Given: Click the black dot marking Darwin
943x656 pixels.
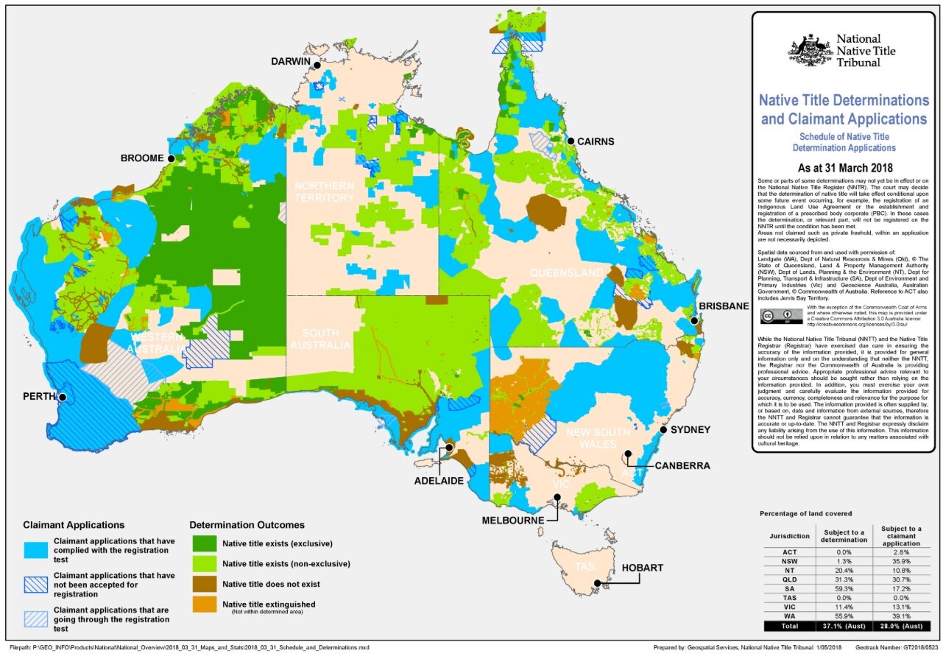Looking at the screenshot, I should pyautogui.click(x=317, y=66).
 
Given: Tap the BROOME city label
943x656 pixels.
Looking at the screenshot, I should pyautogui.click(x=142, y=158).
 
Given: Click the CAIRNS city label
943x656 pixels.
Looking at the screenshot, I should pyautogui.click(x=595, y=141).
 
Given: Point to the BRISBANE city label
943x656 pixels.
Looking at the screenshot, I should pyautogui.click(x=724, y=306).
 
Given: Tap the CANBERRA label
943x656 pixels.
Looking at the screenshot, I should pyautogui.click(x=682, y=465).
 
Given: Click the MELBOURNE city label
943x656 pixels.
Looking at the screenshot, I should pyautogui.click(x=513, y=520).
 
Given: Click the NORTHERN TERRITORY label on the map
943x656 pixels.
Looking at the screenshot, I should pyautogui.click(x=323, y=191).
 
